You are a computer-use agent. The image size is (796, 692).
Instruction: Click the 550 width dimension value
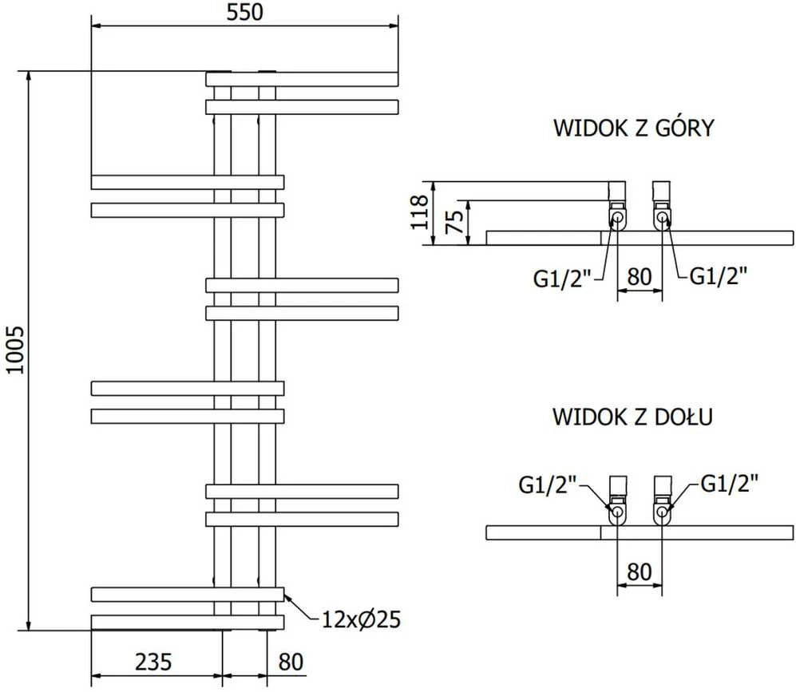point(244,13)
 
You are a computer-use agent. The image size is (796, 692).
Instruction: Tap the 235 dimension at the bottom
point(153,662)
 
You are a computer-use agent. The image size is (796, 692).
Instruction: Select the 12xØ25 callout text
point(362,619)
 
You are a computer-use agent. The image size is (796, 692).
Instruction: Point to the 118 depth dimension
point(420,212)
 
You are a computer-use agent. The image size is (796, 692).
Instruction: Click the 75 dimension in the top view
point(454,222)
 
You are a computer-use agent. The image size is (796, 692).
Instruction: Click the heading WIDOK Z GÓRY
point(634,127)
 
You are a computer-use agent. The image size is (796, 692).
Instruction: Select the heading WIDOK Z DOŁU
point(632,417)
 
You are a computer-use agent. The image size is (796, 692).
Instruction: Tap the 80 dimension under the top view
point(640,277)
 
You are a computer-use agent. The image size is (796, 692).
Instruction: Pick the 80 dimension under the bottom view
point(640,571)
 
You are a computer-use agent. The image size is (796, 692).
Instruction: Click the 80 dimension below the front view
point(291,662)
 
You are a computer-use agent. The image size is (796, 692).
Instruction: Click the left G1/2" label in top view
point(563,279)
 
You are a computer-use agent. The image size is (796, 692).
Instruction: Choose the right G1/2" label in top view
point(719,275)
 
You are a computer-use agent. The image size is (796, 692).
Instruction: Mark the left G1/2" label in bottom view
point(548,484)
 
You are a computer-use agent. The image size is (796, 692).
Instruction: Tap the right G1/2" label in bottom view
point(730,484)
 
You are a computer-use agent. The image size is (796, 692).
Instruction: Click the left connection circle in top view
point(617,219)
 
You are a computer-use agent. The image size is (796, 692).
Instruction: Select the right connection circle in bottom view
point(662,512)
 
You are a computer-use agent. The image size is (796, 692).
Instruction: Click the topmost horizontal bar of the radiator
point(302,80)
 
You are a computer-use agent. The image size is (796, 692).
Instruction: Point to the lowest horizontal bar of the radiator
point(188,623)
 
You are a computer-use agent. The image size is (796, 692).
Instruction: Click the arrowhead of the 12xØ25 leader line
point(286,595)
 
